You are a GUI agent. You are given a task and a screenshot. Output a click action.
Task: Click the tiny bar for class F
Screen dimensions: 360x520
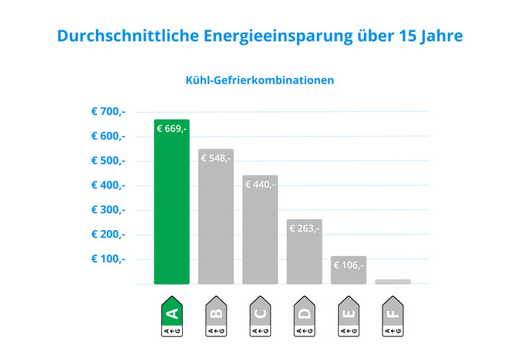point(392,281)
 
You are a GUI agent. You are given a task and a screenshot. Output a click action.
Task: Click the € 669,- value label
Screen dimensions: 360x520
point(172,129)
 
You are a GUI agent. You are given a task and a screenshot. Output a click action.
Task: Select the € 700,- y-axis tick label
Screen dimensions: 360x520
point(108,111)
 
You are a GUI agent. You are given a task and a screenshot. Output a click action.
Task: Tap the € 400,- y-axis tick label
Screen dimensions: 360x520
point(108,185)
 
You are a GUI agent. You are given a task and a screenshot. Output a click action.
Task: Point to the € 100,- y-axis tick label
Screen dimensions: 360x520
point(108,258)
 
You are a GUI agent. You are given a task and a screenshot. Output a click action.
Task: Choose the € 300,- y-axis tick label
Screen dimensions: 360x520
point(108,209)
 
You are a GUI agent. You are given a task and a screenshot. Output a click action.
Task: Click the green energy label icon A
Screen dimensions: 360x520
point(172,318)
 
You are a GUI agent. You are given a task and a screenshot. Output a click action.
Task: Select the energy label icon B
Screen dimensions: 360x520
point(215,318)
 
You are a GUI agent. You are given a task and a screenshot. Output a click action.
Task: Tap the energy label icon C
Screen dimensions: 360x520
point(260,318)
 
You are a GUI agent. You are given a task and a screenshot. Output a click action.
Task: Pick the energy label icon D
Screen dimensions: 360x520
point(304,318)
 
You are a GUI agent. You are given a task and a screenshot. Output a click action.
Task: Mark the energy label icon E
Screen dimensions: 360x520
point(348,318)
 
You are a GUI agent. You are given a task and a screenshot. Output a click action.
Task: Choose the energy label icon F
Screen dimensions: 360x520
point(392,318)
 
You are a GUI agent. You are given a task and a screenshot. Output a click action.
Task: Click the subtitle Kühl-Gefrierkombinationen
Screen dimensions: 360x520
point(259,79)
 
